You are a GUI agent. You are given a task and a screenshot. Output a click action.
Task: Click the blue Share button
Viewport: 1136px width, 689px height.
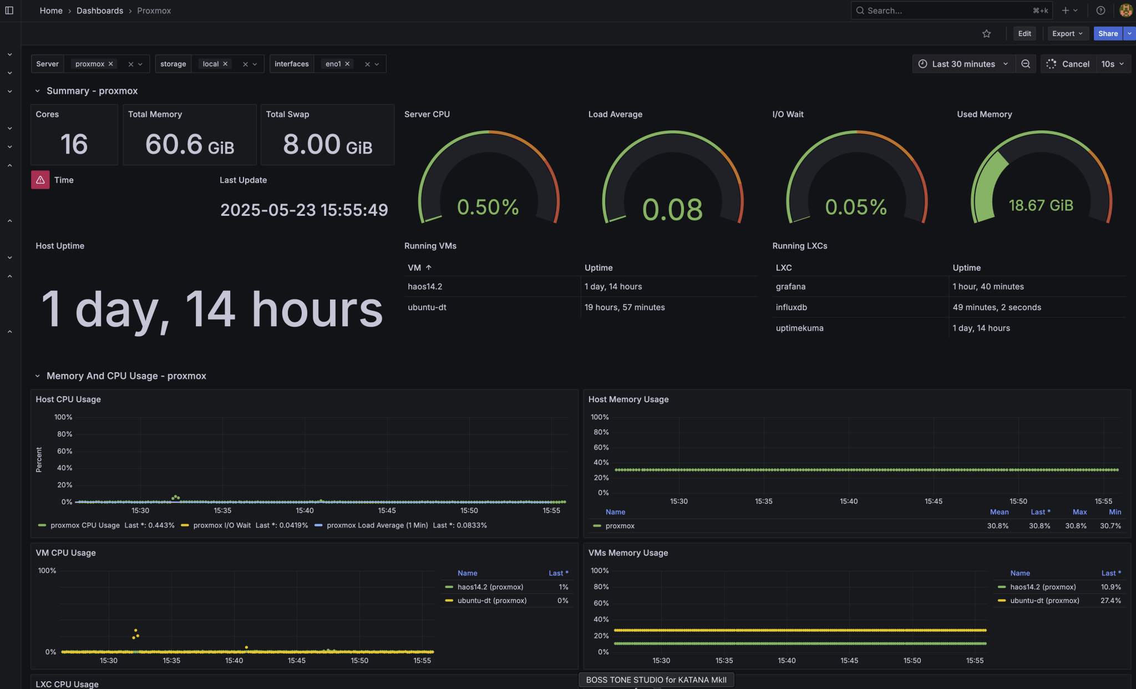[x=1108, y=34]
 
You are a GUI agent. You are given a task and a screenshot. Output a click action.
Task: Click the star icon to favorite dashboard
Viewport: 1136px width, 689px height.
[x=986, y=34]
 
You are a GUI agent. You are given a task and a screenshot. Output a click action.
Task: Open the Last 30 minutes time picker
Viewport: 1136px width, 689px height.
[x=963, y=64]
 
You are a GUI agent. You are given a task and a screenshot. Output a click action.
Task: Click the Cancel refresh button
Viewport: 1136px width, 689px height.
[x=1068, y=64]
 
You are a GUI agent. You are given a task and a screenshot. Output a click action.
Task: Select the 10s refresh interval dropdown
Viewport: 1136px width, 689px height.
[x=1112, y=64]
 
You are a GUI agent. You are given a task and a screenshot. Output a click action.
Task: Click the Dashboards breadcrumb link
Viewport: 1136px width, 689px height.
[x=100, y=11]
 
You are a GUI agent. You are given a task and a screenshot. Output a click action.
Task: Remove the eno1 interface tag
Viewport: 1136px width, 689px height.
[x=347, y=64]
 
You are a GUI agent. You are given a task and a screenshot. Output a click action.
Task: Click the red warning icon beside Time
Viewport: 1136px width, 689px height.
[x=40, y=180]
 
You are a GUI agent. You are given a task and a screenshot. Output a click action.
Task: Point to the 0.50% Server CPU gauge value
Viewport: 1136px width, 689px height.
[x=488, y=207]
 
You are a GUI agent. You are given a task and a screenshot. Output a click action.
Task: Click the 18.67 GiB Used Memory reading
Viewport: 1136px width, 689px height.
[x=1041, y=206]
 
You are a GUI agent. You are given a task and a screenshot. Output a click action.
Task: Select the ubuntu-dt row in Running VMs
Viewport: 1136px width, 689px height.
[x=427, y=307]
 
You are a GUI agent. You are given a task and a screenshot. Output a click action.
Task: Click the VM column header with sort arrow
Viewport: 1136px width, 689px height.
[x=419, y=268]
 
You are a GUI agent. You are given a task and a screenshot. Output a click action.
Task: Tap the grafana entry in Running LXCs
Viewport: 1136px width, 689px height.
[x=790, y=287]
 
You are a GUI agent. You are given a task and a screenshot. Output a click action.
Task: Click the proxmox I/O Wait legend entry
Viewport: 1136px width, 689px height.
[x=221, y=525]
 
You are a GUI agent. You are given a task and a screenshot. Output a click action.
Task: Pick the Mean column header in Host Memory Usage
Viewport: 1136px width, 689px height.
[x=999, y=512]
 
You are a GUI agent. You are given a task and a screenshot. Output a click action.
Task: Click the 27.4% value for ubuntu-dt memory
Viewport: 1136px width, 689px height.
[x=1110, y=601]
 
